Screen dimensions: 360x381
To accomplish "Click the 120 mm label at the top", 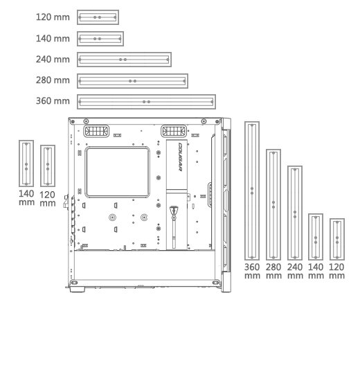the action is pyautogui.click(x=53, y=17).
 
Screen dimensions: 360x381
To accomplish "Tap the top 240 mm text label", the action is pyautogui.click(x=53, y=60).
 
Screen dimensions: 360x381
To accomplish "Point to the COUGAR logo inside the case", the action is pyautogui.click(x=180, y=157).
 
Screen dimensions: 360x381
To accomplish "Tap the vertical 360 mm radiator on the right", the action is pyautogui.click(x=245, y=190).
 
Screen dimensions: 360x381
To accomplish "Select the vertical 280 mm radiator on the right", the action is pyautogui.click(x=267, y=204).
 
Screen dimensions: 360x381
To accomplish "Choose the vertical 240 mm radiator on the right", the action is pyautogui.click(x=288, y=213).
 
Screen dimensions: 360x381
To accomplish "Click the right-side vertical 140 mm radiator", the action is pyautogui.click(x=309, y=237).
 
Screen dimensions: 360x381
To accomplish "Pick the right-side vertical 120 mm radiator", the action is pyautogui.click(x=331, y=240).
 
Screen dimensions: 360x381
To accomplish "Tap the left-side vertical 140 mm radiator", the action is pyautogui.click(x=19, y=163).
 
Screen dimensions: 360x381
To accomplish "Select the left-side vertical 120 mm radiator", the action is pyautogui.click(x=42, y=166).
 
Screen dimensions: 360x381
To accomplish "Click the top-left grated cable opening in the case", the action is pyautogui.click(x=96, y=131).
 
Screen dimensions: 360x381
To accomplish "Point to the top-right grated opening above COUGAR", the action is pyautogui.click(x=174, y=131).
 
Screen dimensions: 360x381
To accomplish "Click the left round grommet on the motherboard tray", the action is pyautogui.click(x=112, y=218).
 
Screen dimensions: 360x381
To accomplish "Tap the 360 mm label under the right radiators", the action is pyautogui.click(x=252, y=271).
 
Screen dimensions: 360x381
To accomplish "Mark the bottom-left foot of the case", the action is pyautogui.click(x=78, y=289).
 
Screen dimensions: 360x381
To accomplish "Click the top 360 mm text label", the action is pyautogui.click(x=53, y=101).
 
